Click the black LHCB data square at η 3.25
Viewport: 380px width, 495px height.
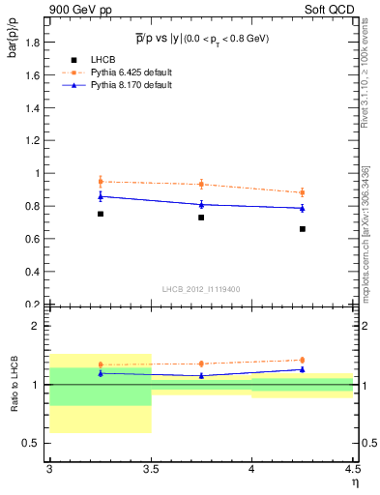100,214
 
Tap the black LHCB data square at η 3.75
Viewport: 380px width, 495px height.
201,218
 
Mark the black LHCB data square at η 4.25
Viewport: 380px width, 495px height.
303,229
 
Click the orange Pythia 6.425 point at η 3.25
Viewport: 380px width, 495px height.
100,181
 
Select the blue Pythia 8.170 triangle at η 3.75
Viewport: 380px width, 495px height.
201,204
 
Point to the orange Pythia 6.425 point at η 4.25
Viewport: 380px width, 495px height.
303,192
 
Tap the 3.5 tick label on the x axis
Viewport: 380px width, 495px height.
151,471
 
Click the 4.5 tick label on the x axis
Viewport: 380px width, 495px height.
352,471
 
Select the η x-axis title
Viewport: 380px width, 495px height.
354,483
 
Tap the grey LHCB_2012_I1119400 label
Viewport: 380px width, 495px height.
201,290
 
